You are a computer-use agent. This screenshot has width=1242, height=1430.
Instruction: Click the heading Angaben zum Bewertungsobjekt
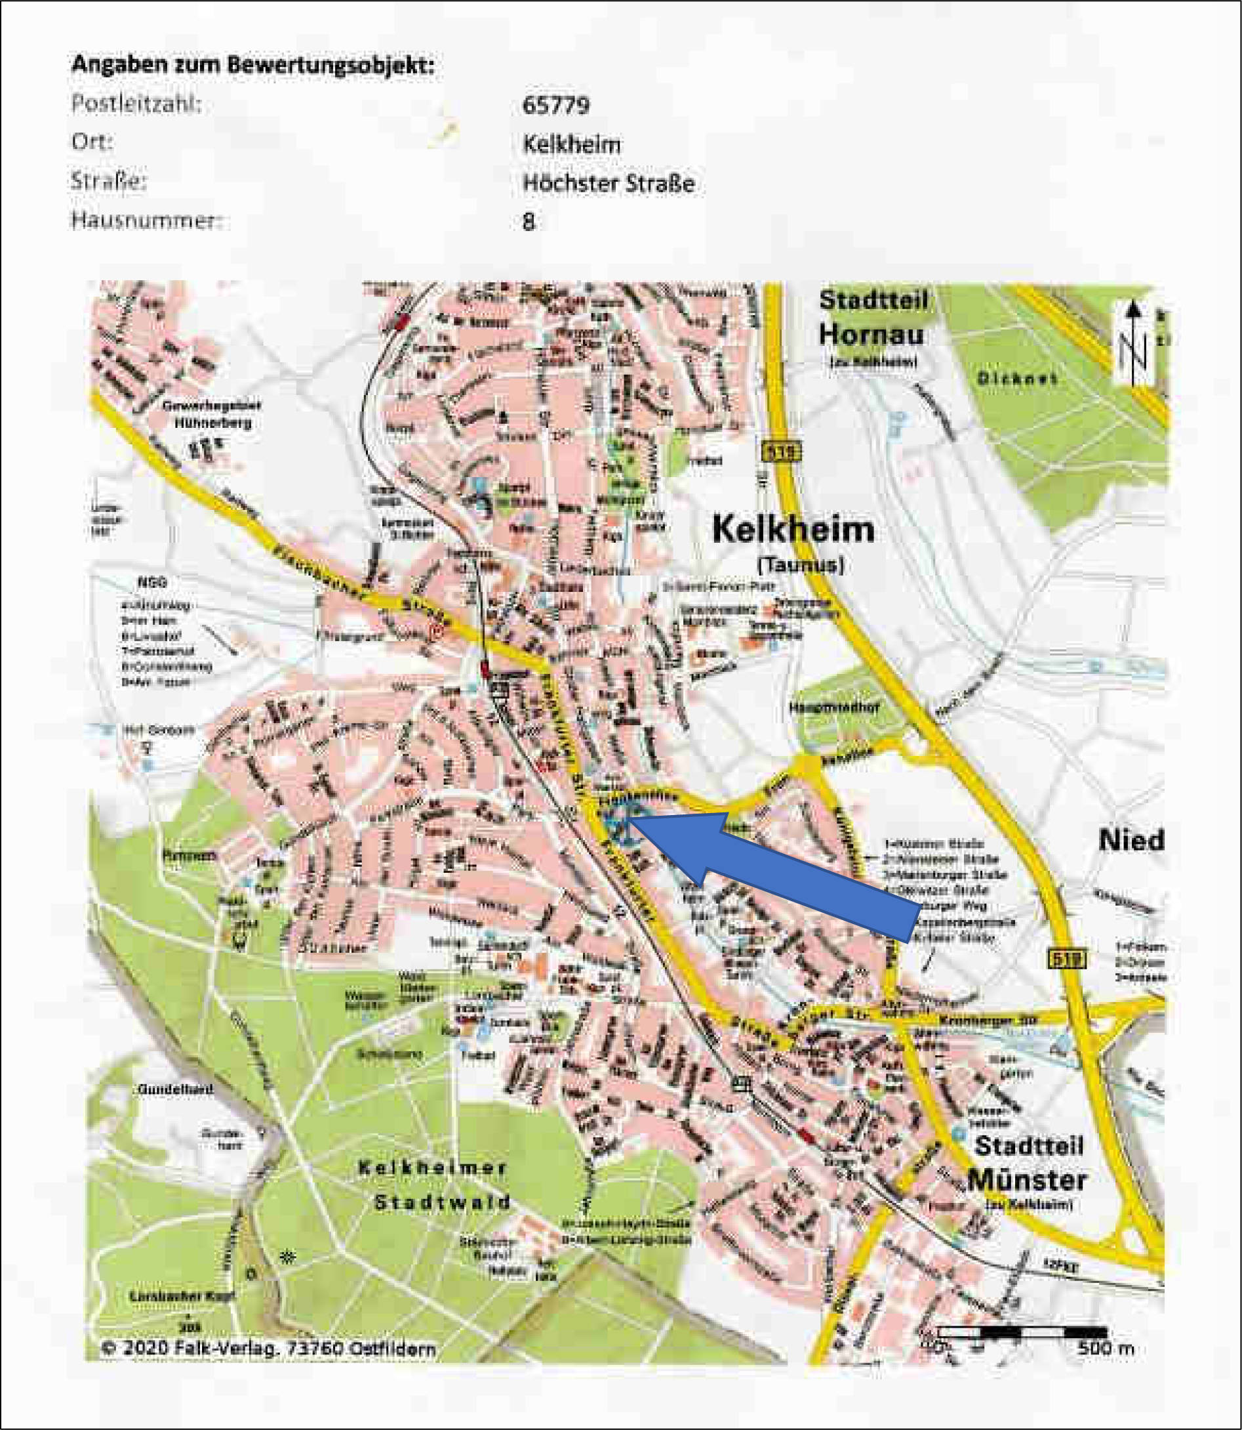[253, 65]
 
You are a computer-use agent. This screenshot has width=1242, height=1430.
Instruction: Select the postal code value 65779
[556, 106]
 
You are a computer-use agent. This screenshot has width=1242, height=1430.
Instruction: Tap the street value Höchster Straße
[609, 183]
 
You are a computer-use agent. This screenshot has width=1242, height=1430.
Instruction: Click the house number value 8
[529, 222]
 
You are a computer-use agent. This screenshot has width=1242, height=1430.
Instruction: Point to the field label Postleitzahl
[136, 104]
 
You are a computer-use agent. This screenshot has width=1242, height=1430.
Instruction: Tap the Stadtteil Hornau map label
[871, 318]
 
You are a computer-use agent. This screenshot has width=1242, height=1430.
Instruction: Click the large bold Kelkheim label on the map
[793, 530]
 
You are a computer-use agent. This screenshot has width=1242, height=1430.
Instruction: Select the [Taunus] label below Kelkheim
[801, 565]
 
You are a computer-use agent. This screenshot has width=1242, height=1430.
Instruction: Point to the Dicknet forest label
[1018, 379]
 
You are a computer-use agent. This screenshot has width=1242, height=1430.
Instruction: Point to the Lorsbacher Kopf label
[182, 1295]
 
